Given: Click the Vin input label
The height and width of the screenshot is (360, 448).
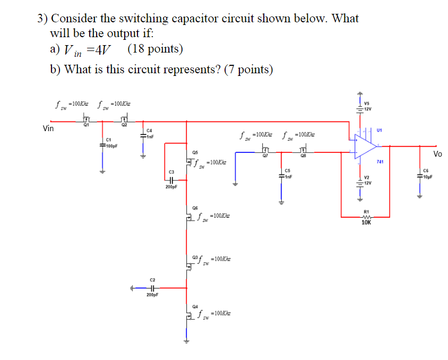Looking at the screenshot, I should pyautogui.click(x=49, y=128).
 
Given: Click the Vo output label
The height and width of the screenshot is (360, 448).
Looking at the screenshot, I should pyautogui.click(x=437, y=154).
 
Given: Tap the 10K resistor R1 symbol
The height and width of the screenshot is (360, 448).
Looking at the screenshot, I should pyautogui.click(x=366, y=216).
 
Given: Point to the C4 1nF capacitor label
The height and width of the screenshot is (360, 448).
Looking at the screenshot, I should pyautogui.click(x=150, y=133).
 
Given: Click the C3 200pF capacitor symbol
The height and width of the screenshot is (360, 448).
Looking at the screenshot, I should pyautogui.click(x=171, y=179).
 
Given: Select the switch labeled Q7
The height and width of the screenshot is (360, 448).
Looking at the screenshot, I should pyautogui.click(x=264, y=152).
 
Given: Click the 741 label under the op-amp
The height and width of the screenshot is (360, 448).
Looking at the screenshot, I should pyautogui.click(x=380, y=161).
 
